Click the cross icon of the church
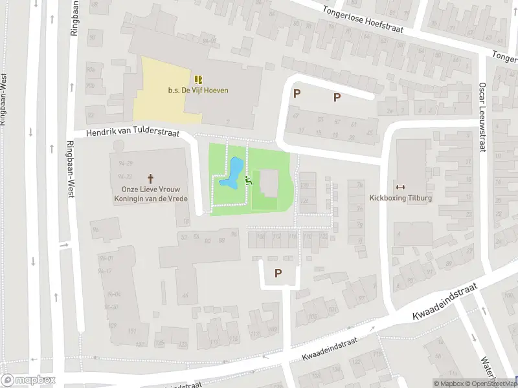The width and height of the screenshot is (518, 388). pyautogui.click(x=151, y=177)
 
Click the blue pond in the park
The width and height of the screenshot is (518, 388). pyautogui.click(x=232, y=173)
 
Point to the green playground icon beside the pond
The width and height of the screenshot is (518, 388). pyautogui.click(x=249, y=182)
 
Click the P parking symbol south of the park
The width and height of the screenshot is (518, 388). pyautogui.click(x=278, y=274)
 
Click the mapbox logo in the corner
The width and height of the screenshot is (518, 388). pyautogui.click(x=28, y=380)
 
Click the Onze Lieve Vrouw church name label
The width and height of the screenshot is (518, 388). pyautogui.click(x=150, y=193)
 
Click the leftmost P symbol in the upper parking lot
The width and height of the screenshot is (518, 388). pyautogui.click(x=297, y=94)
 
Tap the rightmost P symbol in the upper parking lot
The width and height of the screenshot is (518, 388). pyautogui.click(x=337, y=98)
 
